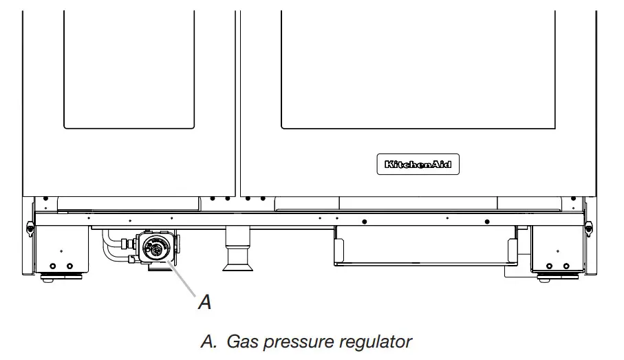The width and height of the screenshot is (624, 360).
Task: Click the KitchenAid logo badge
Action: pos(418,165)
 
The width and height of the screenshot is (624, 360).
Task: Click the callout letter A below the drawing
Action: pos(204,301)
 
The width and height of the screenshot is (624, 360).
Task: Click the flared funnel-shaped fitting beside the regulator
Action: pos(236,257)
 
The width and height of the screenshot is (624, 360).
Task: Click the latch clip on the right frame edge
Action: pos(590,225)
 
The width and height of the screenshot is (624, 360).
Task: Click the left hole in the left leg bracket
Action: pos(51,265)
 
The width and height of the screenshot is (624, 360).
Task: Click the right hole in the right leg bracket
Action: pos(566,266)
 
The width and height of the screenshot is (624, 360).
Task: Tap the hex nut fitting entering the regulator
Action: pos(128,244)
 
